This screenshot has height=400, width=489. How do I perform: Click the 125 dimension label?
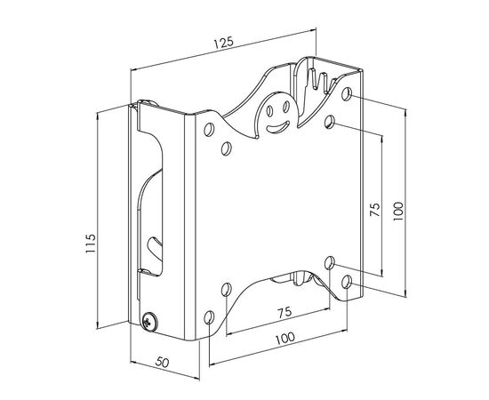[223, 43]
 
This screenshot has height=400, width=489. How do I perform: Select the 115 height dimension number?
[91, 244]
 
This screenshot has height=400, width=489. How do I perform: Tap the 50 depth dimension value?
[162, 363]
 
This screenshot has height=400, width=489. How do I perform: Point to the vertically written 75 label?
[375, 210]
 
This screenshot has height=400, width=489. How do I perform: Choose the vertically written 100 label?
[398, 212]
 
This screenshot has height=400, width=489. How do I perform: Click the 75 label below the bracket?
[285, 312]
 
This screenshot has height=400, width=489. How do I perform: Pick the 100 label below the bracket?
[285, 338]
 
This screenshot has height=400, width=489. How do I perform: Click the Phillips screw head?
[149, 322]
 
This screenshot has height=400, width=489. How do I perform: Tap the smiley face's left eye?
[270, 110]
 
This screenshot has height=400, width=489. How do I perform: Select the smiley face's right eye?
[285, 107]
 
